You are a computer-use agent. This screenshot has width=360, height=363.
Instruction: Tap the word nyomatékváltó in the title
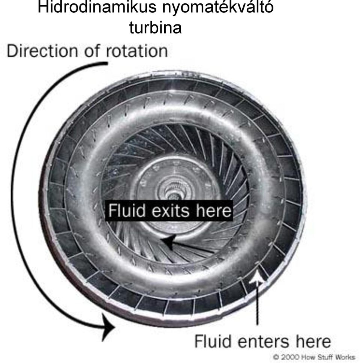tap(218, 8)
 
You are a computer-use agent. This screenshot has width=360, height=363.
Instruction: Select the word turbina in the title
tap(155, 27)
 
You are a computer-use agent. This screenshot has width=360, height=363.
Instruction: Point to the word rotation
tap(136, 51)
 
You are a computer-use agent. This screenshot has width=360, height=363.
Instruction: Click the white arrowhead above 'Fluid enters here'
tap(257, 277)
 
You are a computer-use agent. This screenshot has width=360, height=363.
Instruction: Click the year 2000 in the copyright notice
tap(289, 357)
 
